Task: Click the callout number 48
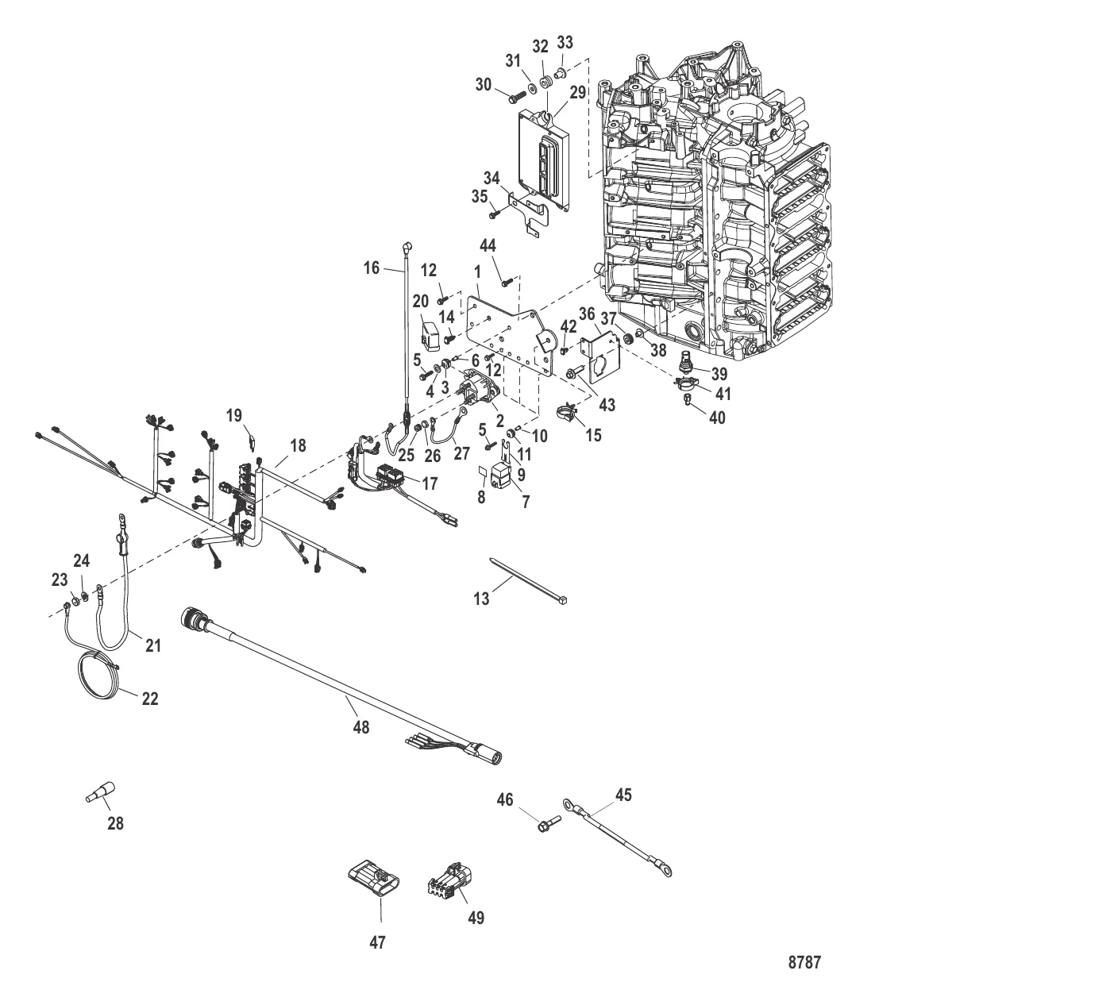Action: click(360, 727)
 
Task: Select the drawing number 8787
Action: click(804, 963)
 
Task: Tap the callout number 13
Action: click(482, 599)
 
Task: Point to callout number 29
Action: click(577, 92)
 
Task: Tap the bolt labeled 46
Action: click(547, 826)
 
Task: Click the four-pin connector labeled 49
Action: click(449, 878)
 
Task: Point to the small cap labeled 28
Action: click(101, 791)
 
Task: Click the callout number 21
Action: click(153, 645)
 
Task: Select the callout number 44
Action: click(488, 247)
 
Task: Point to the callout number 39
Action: click(718, 373)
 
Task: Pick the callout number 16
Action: click(372, 268)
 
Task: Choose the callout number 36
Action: click(586, 314)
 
